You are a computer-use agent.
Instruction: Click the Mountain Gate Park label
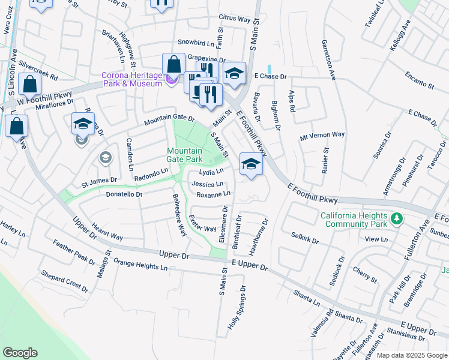pyautogui.click(x=184, y=155)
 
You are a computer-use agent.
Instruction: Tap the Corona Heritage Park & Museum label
pyautogui.click(x=131, y=79)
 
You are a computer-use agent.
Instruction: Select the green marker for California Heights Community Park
pyautogui.click(x=396, y=220)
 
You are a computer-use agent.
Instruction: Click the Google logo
pyautogui.click(x=20, y=353)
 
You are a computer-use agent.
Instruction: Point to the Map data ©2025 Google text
pyautogui.click(x=412, y=355)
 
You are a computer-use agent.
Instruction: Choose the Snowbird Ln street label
pyautogui.click(x=196, y=43)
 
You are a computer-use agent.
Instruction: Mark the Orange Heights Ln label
pyautogui.click(x=139, y=265)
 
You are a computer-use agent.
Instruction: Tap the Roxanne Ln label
pyautogui.click(x=213, y=194)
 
